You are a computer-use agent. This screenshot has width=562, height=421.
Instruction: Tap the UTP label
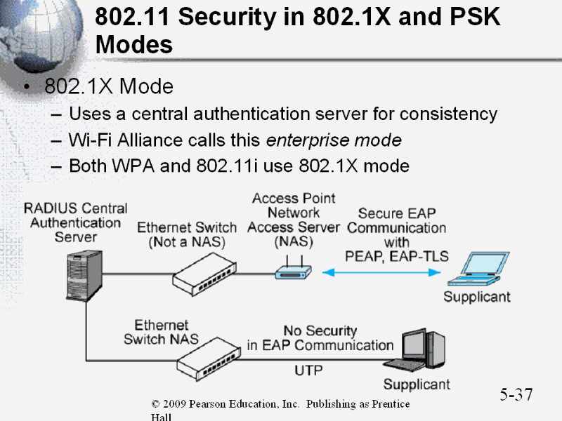coord(309,368)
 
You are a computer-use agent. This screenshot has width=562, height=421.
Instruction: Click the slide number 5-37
coord(516,394)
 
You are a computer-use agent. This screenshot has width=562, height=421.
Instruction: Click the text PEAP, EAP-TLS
coord(397,256)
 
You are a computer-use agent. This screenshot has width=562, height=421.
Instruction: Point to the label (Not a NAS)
coord(187,242)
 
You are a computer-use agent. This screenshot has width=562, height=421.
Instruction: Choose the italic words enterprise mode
coord(334,140)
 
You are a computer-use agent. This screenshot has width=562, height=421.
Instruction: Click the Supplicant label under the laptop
coord(477,297)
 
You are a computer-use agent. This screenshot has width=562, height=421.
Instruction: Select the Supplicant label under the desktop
coord(417,385)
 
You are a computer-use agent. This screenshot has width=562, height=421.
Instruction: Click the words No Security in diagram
coord(320,330)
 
